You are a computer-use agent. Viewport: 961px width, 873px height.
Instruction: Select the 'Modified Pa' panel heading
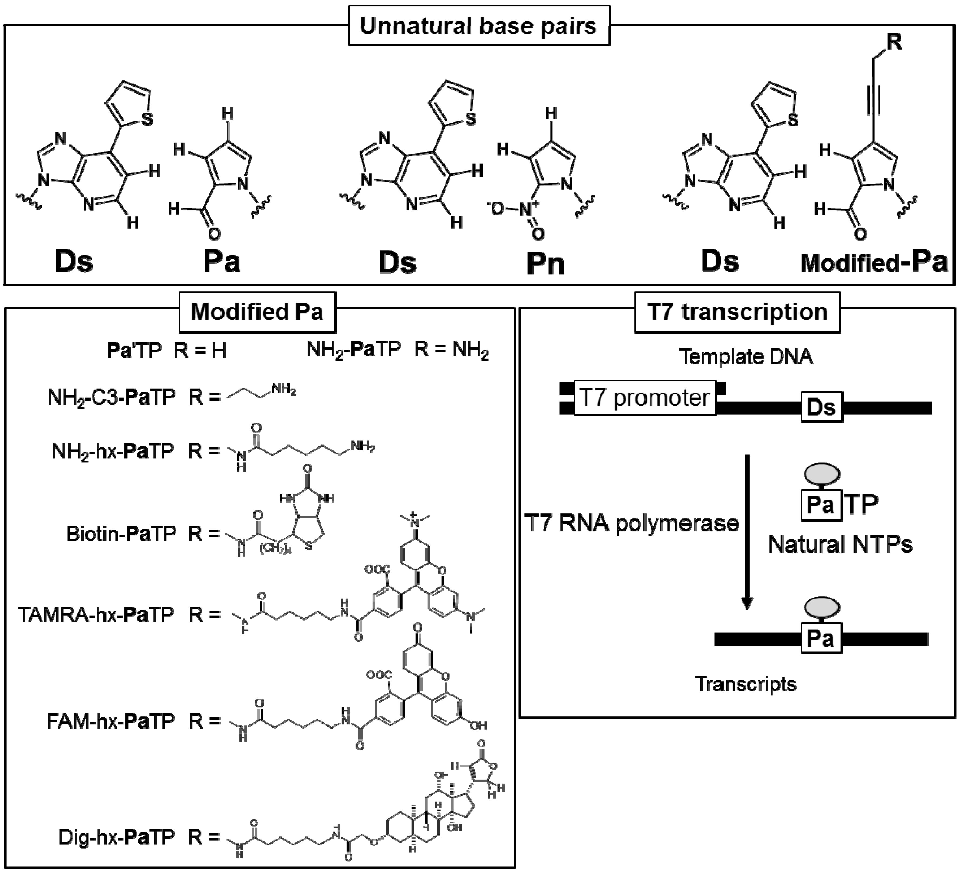pyautogui.click(x=257, y=312)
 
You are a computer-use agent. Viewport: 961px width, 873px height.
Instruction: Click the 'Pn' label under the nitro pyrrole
pyautogui.click(x=545, y=263)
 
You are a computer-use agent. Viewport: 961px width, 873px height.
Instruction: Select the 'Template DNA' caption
pyautogui.click(x=746, y=357)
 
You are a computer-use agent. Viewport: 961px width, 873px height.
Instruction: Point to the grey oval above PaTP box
pyautogui.click(x=822, y=474)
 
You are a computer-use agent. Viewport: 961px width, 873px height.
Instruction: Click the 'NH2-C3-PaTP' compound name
pyautogui.click(x=111, y=397)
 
